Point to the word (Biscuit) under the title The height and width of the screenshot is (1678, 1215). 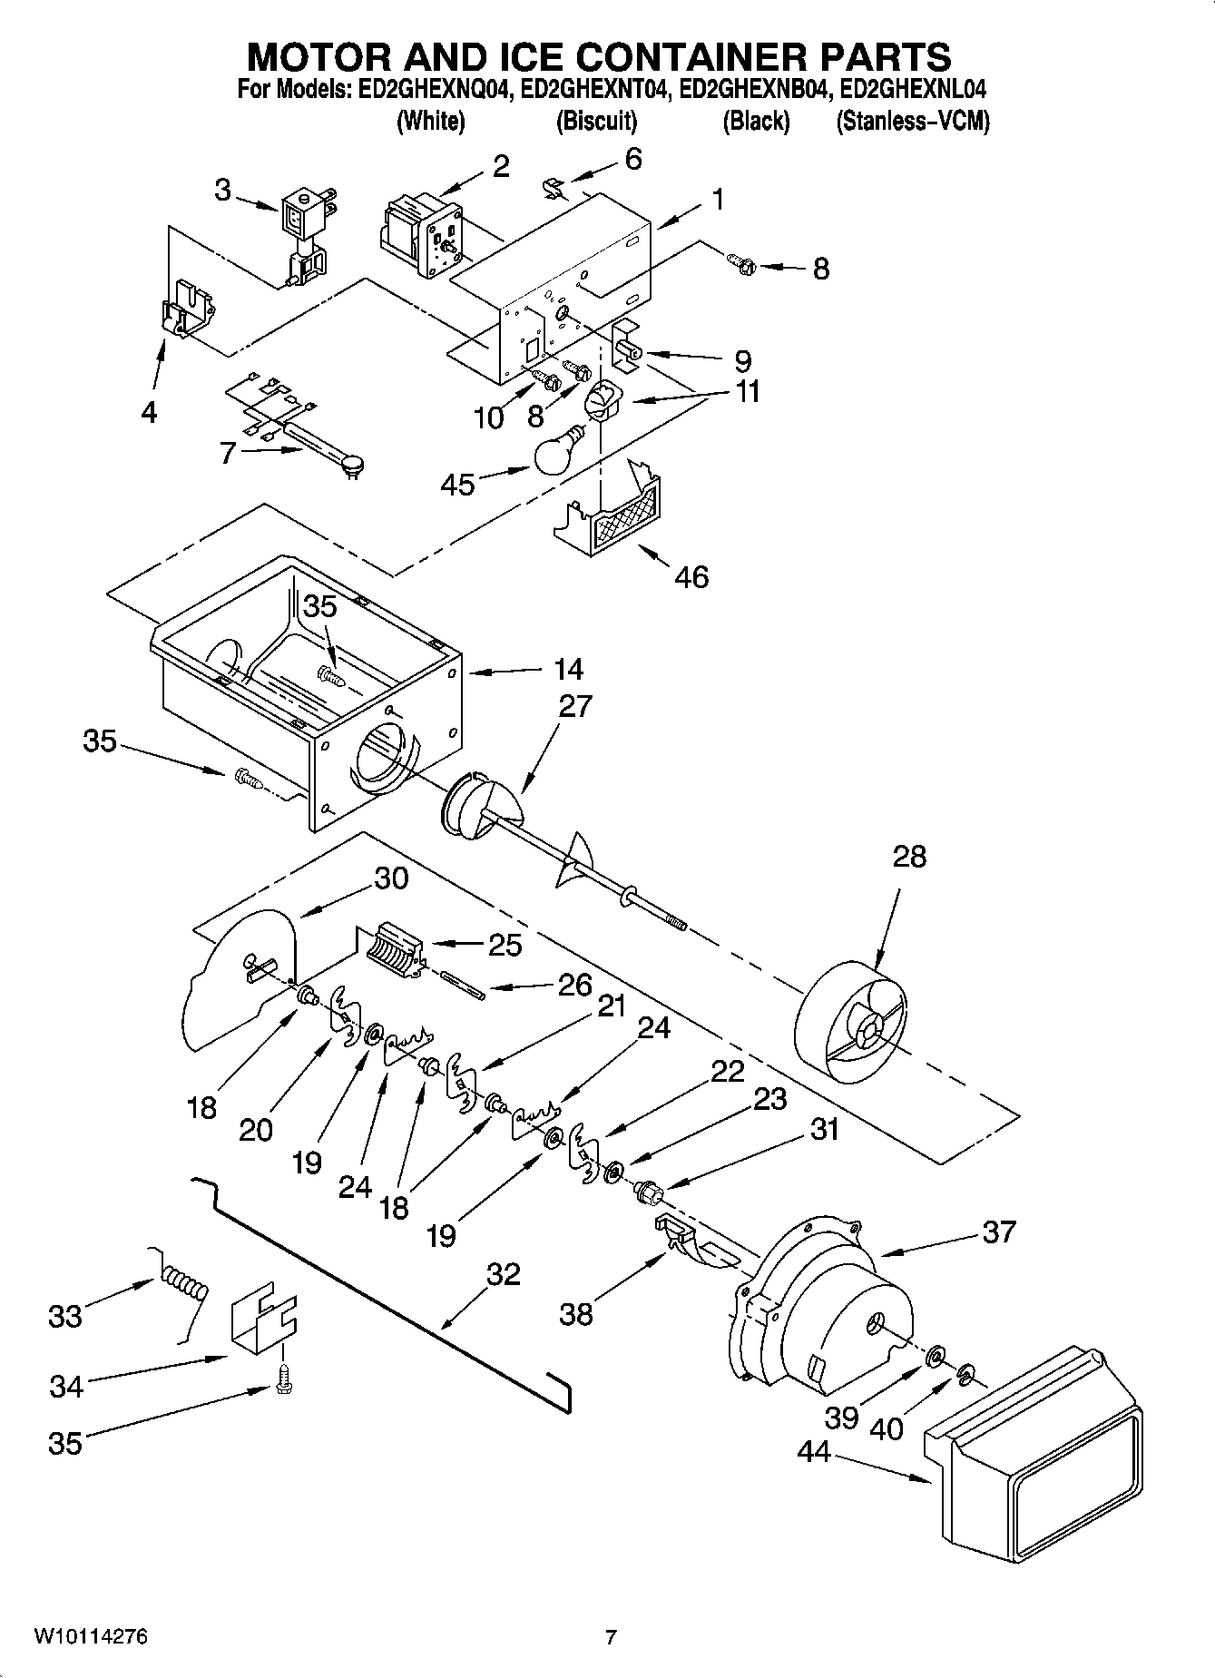click(596, 121)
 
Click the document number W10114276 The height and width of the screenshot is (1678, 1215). click(91, 1637)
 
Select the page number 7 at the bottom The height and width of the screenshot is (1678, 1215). click(611, 1637)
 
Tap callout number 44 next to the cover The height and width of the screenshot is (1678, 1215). click(814, 1452)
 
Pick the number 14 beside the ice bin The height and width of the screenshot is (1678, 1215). click(568, 670)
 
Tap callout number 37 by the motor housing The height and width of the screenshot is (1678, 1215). click(998, 1232)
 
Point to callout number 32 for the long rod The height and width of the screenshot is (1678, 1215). click(503, 1274)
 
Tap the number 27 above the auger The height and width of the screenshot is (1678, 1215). click(574, 706)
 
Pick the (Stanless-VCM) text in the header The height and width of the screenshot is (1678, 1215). click(912, 121)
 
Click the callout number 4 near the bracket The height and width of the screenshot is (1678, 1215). click(149, 412)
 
